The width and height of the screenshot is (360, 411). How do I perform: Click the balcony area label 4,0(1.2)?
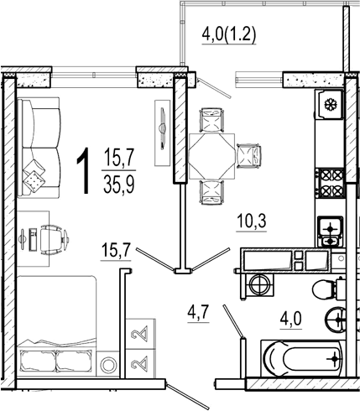(229, 35)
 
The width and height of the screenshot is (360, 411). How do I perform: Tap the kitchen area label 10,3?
(252, 221)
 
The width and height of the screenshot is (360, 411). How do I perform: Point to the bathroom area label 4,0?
(291, 319)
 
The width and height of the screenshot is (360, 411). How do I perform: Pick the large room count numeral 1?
(83, 171)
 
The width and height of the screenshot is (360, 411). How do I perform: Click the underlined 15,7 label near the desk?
(116, 250)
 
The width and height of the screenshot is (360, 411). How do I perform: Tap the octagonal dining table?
(211, 156)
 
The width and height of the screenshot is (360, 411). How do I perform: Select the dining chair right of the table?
(248, 156)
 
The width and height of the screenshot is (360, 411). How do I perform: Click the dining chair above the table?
(211, 120)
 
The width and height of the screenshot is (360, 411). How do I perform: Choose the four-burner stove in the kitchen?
(331, 184)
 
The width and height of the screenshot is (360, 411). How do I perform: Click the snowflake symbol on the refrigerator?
(331, 105)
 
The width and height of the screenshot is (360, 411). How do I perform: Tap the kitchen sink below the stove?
(330, 232)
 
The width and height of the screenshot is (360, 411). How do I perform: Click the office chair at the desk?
(53, 240)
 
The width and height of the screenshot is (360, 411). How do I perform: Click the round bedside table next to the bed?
(108, 365)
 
